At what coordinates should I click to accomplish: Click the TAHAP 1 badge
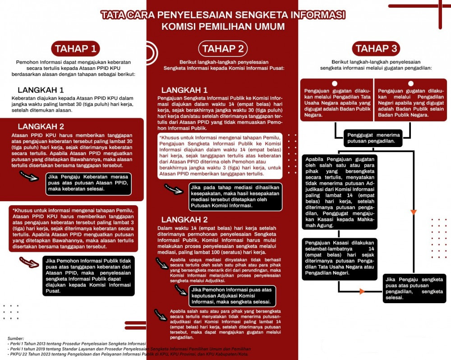pyautogui.click(x=75, y=49)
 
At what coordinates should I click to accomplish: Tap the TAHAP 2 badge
pyautogui.click(x=223, y=49)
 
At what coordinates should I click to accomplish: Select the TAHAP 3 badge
pyautogui.click(x=376, y=49)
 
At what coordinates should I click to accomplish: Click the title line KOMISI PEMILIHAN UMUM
pyautogui.click(x=223, y=26)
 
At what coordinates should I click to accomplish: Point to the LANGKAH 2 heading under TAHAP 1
pyautogui.click(x=41, y=126)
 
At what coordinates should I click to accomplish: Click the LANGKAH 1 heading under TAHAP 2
pyautogui.click(x=184, y=90)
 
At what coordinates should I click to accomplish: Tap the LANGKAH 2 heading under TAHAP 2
pyautogui.click(x=184, y=220)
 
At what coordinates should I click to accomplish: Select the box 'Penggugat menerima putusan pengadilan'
pyautogui.click(x=373, y=138)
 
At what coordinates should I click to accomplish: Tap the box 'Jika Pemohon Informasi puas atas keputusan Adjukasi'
pyautogui.click(x=231, y=296)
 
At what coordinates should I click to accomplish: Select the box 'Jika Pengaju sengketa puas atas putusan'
pyautogui.click(x=414, y=289)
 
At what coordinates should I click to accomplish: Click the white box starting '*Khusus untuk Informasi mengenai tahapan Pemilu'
pyautogui.click(x=220, y=155)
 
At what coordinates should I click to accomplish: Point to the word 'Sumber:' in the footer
pyautogui.click(x=16, y=337)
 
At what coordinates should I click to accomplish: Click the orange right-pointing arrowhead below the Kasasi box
pyautogui.click(x=362, y=291)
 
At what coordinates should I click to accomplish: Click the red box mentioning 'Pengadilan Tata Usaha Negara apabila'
pyautogui.click(x=336, y=102)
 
